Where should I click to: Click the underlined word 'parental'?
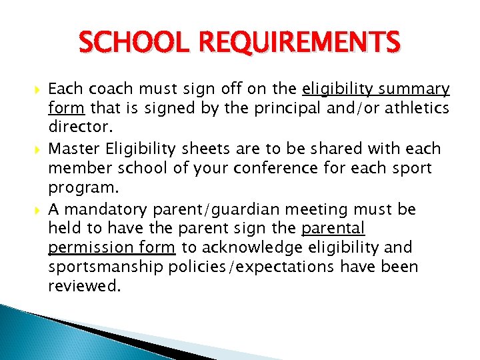pos(333,228)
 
